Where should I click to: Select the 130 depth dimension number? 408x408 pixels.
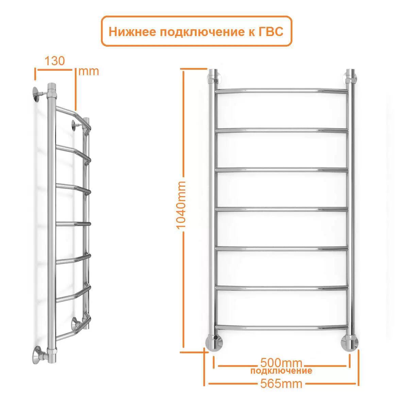coord(55,61)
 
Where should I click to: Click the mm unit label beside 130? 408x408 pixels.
coord(88,71)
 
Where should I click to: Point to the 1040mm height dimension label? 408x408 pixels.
coord(181,205)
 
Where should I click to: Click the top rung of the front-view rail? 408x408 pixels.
coord(282,91)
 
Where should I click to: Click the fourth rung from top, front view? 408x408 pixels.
coord(282,209)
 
